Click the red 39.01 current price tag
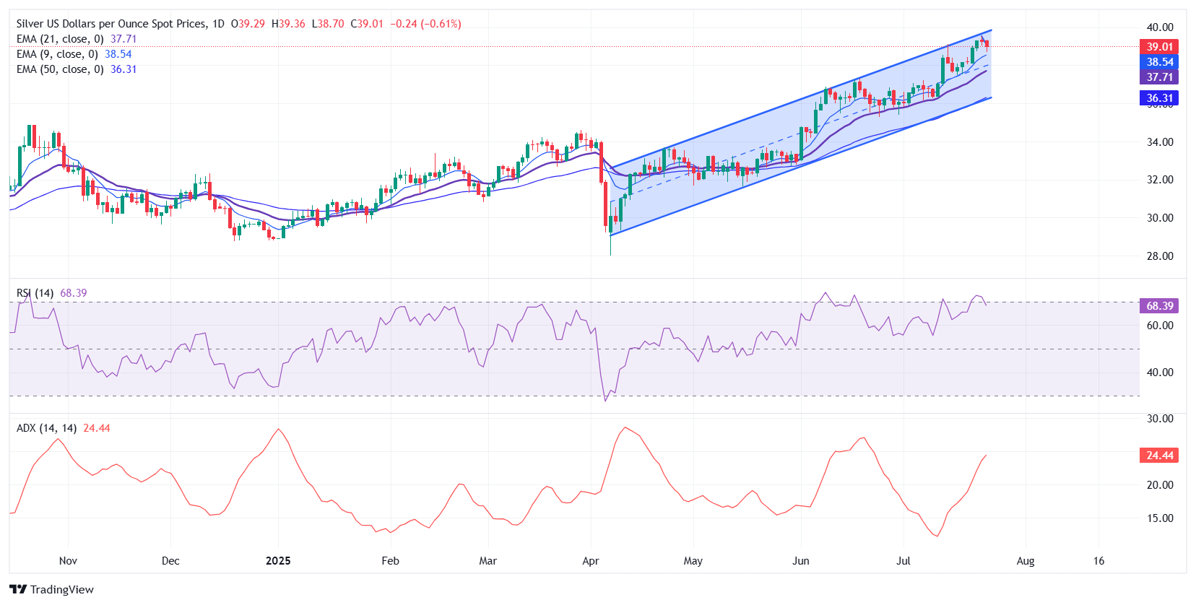pos(1159,47)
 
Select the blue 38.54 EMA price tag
pos(1159,62)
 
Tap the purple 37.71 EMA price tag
pos(1159,77)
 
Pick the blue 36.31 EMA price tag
pos(1159,98)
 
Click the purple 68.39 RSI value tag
pos(1159,306)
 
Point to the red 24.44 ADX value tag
pos(1159,456)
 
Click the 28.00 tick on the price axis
pos(1160,256)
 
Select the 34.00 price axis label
pos(1160,142)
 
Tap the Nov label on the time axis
pos(68,561)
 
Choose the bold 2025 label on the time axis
pos(278,561)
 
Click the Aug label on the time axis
pos(1026,561)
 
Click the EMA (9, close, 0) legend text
pos(57,54)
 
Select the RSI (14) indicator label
pos(35,293)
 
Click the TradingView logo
pos(52,589)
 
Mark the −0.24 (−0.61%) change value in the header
pos(425,24)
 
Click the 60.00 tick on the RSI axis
pos(1160,326)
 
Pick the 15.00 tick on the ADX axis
pos(1160,518)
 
